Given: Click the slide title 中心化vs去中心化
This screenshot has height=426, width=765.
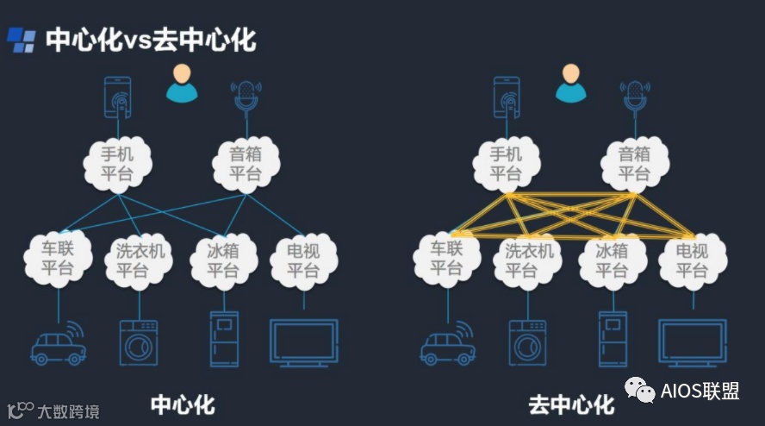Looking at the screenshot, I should point(151,40).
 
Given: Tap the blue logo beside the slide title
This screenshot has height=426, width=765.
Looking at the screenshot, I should point(22,40).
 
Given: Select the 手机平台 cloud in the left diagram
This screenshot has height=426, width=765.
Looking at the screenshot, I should point(118,163).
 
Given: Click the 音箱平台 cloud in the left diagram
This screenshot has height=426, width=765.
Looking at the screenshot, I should point(246,163).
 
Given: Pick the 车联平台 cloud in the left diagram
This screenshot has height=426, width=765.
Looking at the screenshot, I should point(58,258).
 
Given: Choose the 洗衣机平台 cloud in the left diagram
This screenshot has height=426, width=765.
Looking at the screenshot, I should point(140,260).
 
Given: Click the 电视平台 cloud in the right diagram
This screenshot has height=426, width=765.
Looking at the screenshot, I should point(693,260).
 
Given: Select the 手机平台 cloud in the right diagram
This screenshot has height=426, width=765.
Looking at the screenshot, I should point(507,163).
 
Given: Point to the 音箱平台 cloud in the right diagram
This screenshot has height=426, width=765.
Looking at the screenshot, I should point(635,163).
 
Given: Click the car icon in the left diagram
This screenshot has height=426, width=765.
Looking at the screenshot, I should point(58,344).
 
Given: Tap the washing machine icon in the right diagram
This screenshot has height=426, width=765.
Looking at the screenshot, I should point(527,344).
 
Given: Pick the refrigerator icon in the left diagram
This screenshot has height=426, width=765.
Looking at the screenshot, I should point(224,339).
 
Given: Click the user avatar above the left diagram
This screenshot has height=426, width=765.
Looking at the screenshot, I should point(182,83).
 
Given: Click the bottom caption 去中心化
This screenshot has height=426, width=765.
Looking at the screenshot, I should point(571,404).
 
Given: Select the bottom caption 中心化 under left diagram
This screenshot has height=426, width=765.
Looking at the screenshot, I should point(183,404).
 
